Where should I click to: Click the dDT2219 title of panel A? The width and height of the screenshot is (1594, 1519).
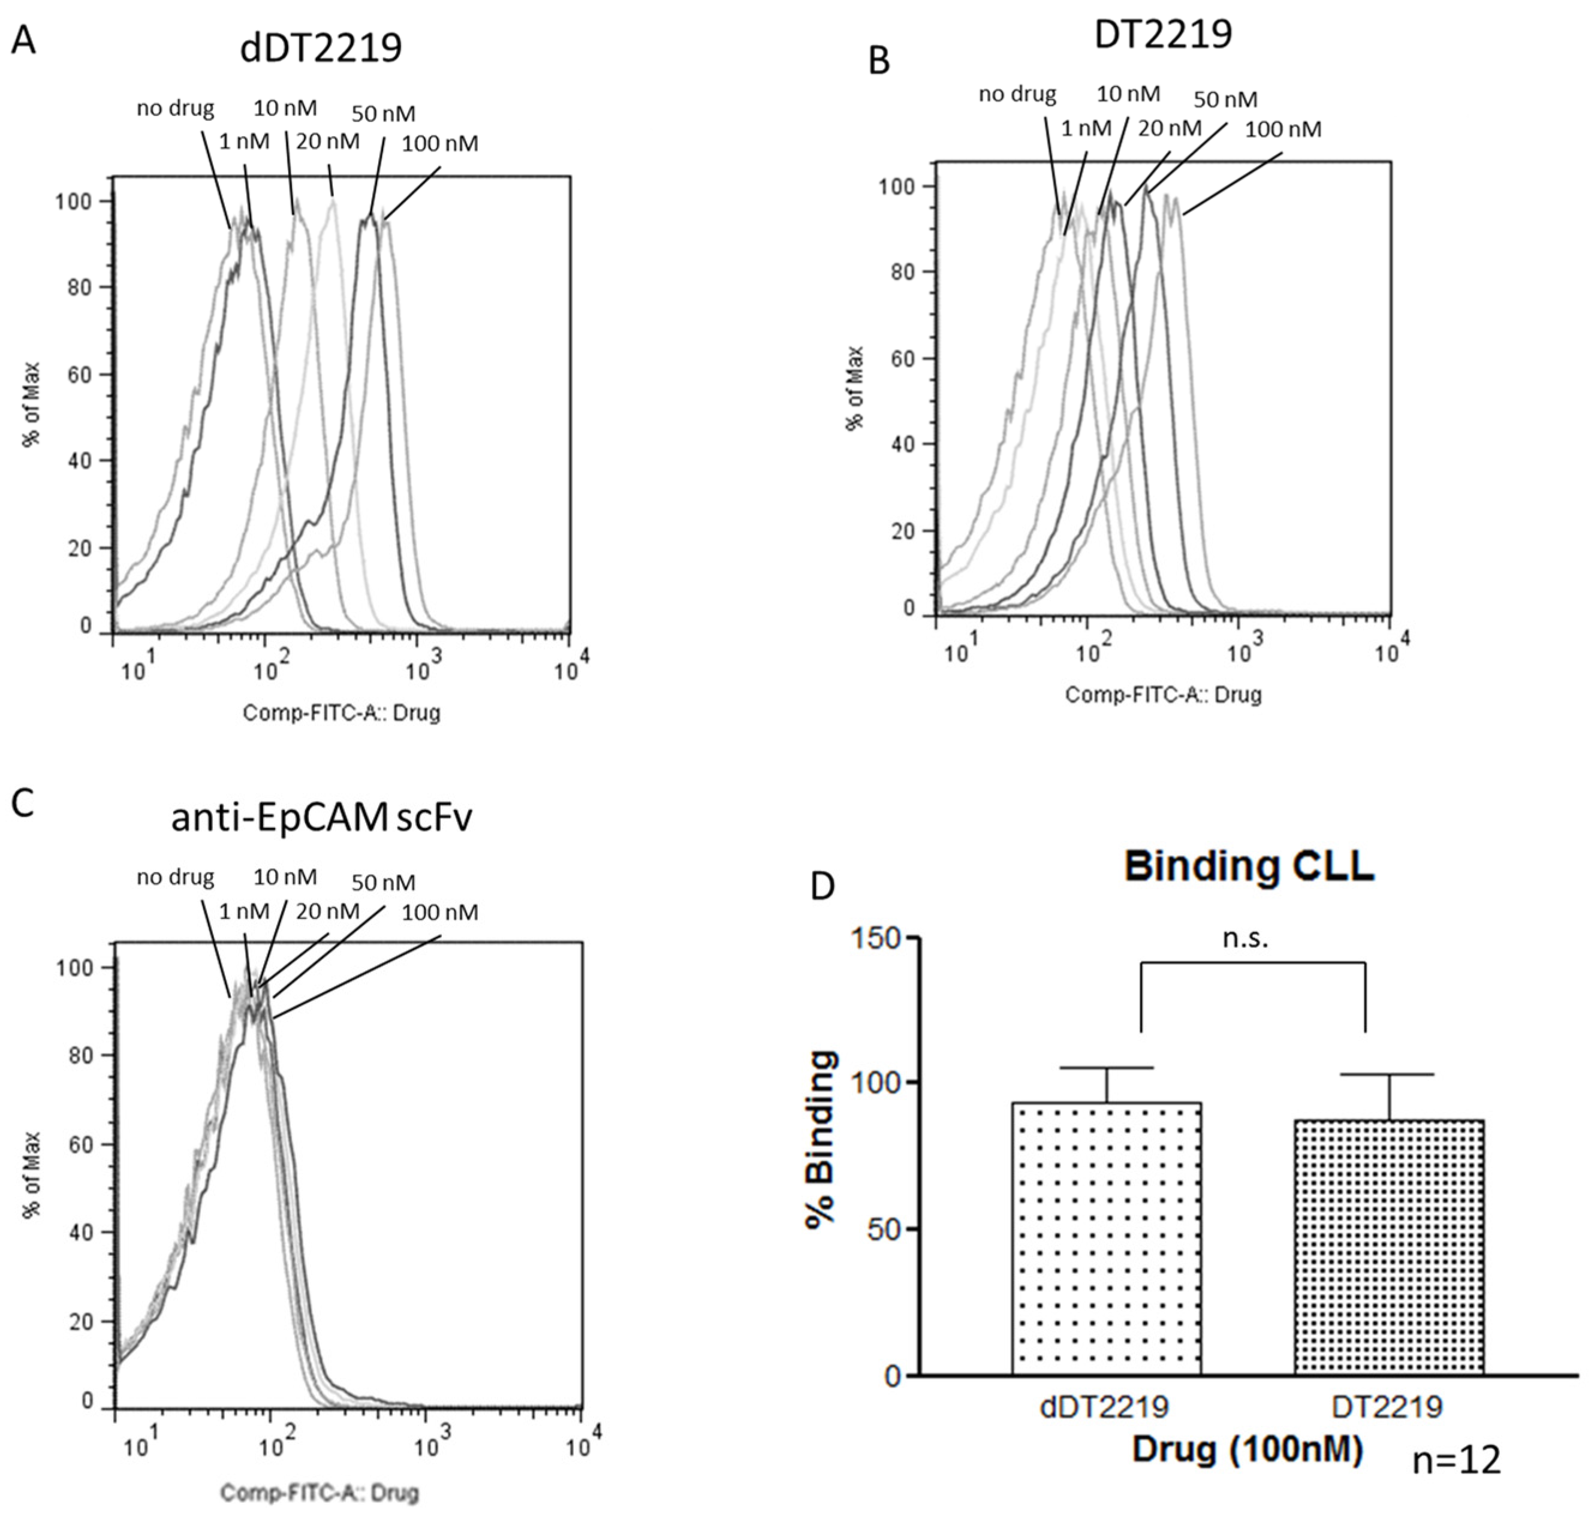321,49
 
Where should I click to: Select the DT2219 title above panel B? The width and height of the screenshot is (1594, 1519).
1163,34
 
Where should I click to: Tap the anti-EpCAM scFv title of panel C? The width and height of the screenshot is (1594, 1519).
321,818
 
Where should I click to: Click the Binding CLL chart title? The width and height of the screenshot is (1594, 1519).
1248,866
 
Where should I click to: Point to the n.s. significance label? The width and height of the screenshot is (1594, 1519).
1245,938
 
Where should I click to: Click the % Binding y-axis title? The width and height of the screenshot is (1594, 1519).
822,1141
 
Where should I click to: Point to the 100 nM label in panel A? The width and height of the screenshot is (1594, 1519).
440,144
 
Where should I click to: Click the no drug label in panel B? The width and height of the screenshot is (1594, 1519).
1017,95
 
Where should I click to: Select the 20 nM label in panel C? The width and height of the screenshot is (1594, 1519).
327,912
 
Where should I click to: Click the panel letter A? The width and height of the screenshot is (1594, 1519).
23,39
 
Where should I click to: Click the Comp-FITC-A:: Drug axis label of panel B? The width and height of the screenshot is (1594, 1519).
1163,694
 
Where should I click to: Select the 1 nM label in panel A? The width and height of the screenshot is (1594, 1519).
244,141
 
